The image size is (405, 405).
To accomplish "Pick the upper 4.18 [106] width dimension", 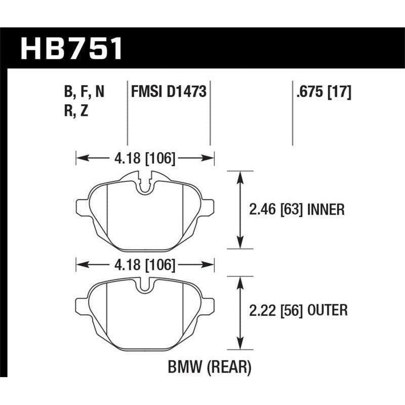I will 145,159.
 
